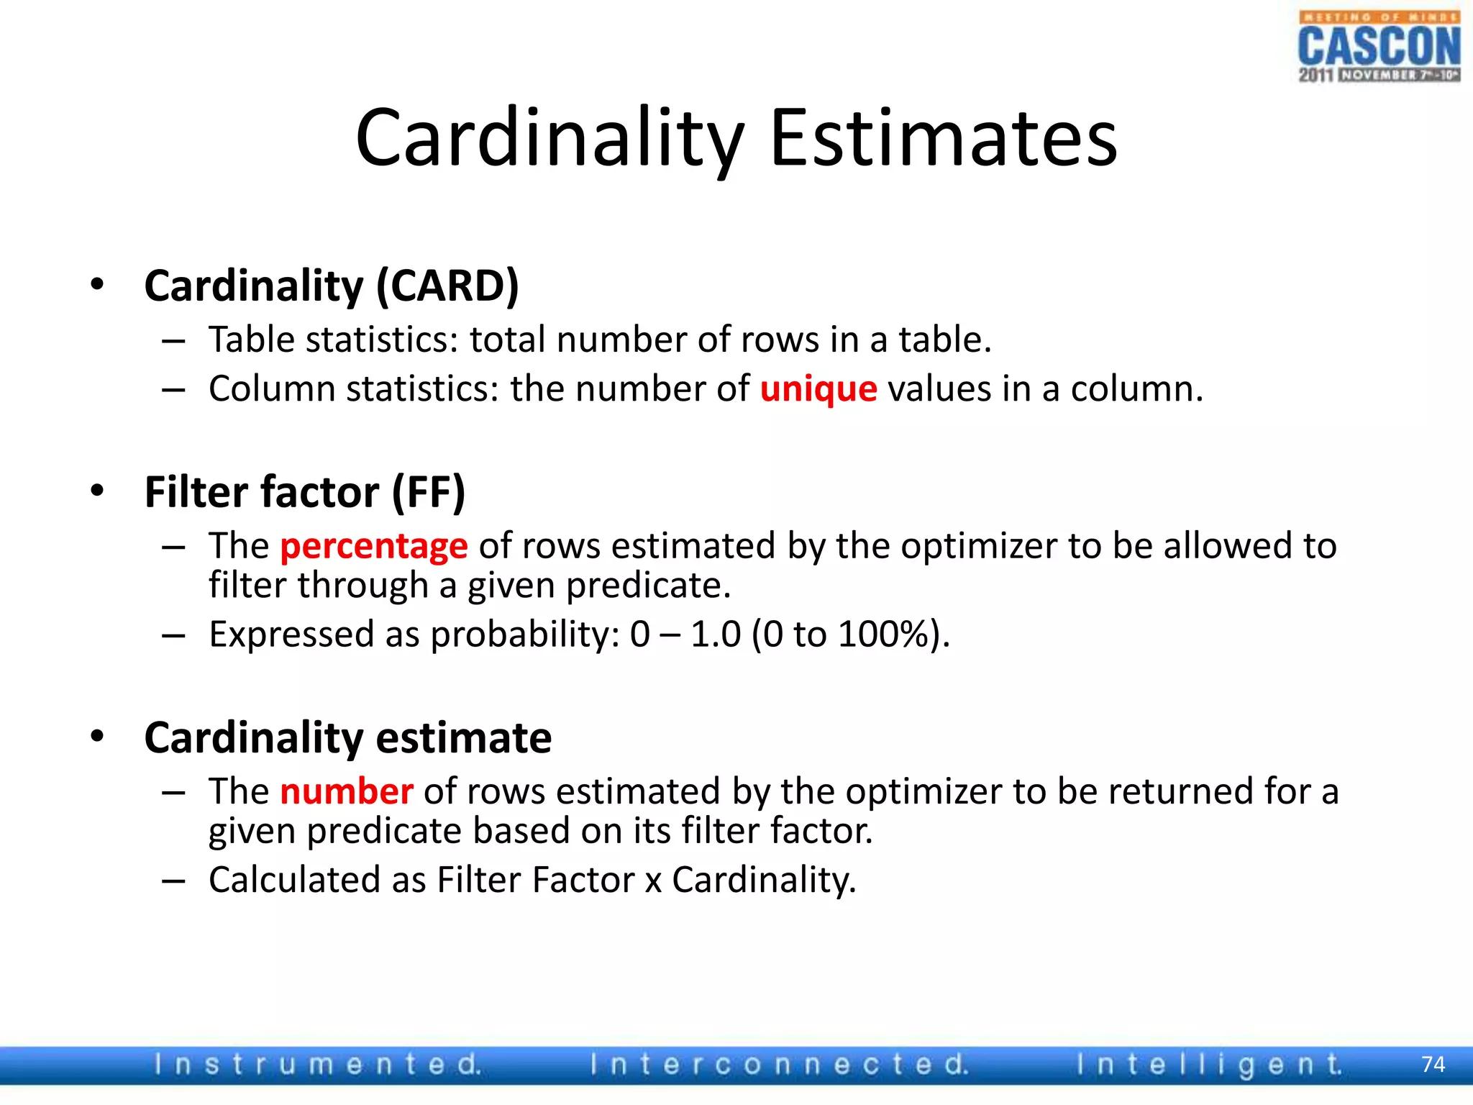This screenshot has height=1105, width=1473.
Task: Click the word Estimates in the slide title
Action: click(x=943, y=137)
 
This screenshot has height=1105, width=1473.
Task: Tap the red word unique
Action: click(x=818, y=389)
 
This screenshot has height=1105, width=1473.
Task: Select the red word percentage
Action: click(x=374, y=546)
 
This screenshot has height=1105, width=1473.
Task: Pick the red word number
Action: click(x=346, y=791)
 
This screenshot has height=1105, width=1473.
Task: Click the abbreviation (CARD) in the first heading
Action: click(x=447, y=286)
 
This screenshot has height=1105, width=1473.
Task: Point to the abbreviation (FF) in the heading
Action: click(x=429, y=493)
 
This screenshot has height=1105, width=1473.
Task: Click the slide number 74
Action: click(x=1433, y=1064)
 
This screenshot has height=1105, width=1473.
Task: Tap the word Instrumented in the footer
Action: click(x=317, y=1064)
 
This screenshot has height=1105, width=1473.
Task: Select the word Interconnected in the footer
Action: click(x=779, y=1064)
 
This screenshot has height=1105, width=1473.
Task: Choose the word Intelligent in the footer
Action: click(x=1209, y=1064)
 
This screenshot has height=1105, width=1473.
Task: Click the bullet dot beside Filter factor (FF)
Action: click(x=97, y=491)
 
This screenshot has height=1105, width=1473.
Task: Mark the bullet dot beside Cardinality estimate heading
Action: click(x=97, y=736)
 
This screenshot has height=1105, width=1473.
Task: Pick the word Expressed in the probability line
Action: click(x=291, y=635)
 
